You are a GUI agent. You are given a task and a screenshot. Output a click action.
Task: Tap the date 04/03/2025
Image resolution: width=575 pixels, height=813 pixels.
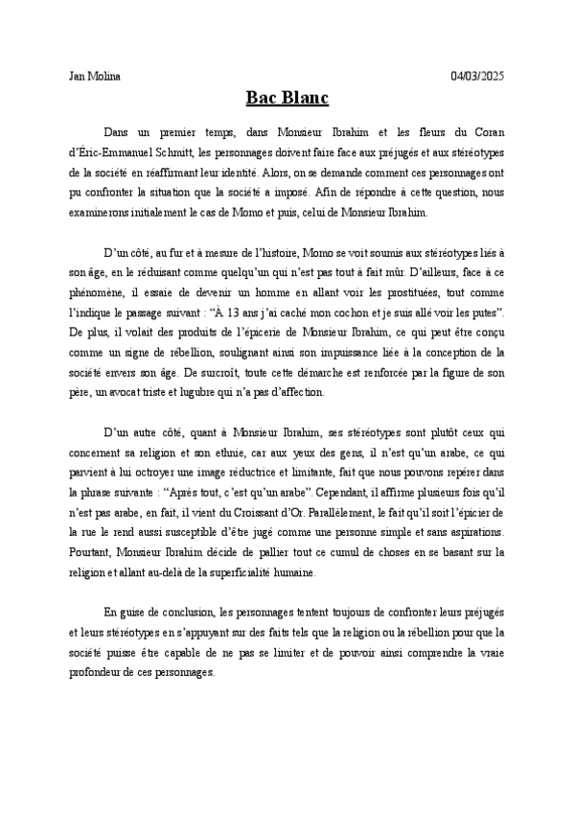(x=477, y=75)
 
